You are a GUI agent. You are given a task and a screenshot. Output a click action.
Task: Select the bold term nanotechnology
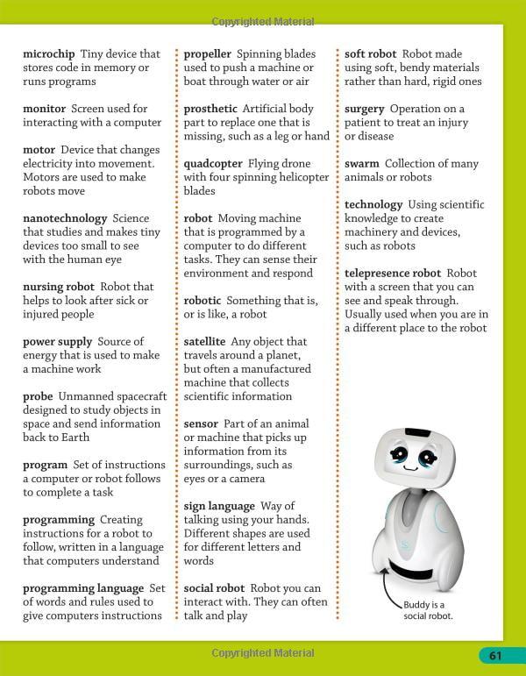tap(65, 218)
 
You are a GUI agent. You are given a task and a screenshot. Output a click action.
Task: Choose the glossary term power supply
tap(57, 341)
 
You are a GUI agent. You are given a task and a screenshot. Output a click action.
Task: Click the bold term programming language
tap(83, 588)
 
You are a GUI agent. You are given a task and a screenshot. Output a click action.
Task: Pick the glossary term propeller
tap(207, 54)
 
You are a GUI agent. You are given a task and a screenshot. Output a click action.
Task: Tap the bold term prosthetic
tap(210, 109)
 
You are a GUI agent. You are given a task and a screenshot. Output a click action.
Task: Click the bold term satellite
tap(204, 341)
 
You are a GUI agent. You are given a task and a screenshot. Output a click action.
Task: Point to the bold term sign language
tap(219, 506)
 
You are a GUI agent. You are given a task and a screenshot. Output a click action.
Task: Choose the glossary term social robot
tap(214, 588)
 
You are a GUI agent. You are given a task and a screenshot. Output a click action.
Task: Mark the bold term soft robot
tap(370, 54)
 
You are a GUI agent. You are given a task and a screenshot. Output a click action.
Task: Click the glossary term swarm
tap(361, 164)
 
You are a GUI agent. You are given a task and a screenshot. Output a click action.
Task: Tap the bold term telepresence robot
tap(393, 274)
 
